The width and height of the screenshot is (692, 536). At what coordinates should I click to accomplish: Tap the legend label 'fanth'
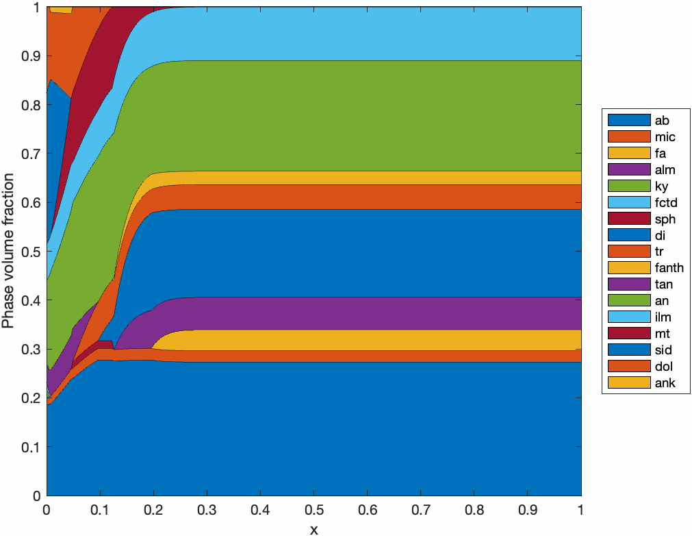tap(669, 268)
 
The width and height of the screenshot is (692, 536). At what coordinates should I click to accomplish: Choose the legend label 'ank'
tap(665, 383)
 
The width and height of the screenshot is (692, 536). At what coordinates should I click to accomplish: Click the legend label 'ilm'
tap(663, 317)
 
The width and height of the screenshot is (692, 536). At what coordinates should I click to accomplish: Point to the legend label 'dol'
tap(663, 367)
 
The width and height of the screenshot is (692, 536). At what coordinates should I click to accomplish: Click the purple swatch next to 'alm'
tap(629, 169)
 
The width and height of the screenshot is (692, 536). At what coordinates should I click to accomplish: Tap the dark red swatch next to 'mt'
tap(629, 334)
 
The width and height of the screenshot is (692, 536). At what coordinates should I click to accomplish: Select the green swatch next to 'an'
tap(629, 301)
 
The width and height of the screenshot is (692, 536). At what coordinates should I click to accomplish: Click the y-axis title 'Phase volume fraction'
tap(8, 251)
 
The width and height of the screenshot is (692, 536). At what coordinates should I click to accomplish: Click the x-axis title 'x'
tap(313, 529)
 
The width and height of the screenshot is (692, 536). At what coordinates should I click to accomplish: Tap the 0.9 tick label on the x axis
tap(527, 511)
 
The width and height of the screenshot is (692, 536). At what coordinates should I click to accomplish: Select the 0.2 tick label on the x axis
tap(153, 511)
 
